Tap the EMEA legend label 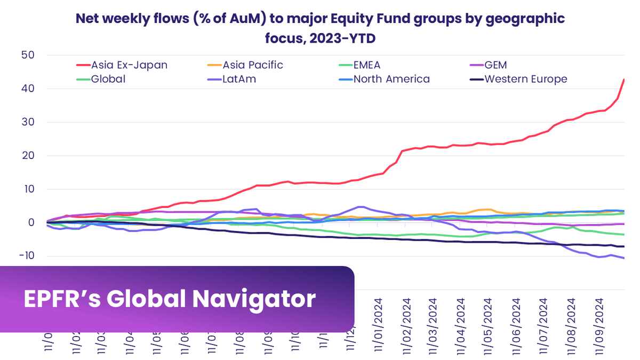pos(367,65)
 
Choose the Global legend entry pos(108,79)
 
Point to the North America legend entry pos(391,79)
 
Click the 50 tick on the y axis pos(28,55)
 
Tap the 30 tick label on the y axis pos(28,122)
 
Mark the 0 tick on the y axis pos(31,222)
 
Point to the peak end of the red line pos(624,79)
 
